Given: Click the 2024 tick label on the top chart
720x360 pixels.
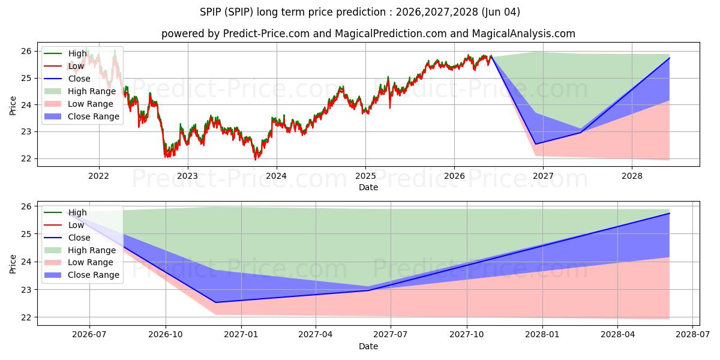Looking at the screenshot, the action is pyautogui.click(x=277, y=176).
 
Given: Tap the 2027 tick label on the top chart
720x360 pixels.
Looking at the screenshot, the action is pyautogui.click(x=543, y=176).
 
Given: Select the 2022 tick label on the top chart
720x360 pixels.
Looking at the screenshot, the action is pyautogui.click(x=98, y=176).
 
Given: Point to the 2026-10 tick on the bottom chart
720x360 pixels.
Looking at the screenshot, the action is pyautogui.click(x=165, y=334).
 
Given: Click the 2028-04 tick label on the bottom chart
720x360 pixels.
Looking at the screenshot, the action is pyautogui.click(x=617, y=334).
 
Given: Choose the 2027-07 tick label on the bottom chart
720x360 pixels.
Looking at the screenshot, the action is pyautogui.click(x=390, y=334).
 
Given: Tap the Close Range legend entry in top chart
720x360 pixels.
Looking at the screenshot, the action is pyautogui.click(x=82, y=116).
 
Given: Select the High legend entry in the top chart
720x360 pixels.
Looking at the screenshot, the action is pyautogui.click(x=65, y=53).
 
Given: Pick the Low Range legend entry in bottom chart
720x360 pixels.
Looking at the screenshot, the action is pyautogui.click(x=79, y=262).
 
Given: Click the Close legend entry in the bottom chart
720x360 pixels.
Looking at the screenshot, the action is pyautogui.click(x=67, y=238).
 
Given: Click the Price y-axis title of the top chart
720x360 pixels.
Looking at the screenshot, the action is pyautogui.click(x=13, y=106).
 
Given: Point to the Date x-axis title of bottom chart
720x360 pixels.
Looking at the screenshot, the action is pyautogui.click(x=368, y=346).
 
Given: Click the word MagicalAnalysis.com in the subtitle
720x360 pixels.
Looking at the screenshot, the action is pyautogui.click(x=524, y=34).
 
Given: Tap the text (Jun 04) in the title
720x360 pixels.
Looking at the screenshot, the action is pyautogui.click(x=501, y=12).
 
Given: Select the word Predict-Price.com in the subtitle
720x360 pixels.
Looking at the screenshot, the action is pyautogui.click(x=266, y=34).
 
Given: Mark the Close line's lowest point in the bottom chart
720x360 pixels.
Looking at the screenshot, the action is pyautogui.click(x=215, y=302).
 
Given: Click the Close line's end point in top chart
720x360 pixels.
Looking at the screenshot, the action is pyautogui.click(x=670, y=58).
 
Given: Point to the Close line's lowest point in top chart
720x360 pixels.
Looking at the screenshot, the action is pyautogui.click(x=535, y=144).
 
